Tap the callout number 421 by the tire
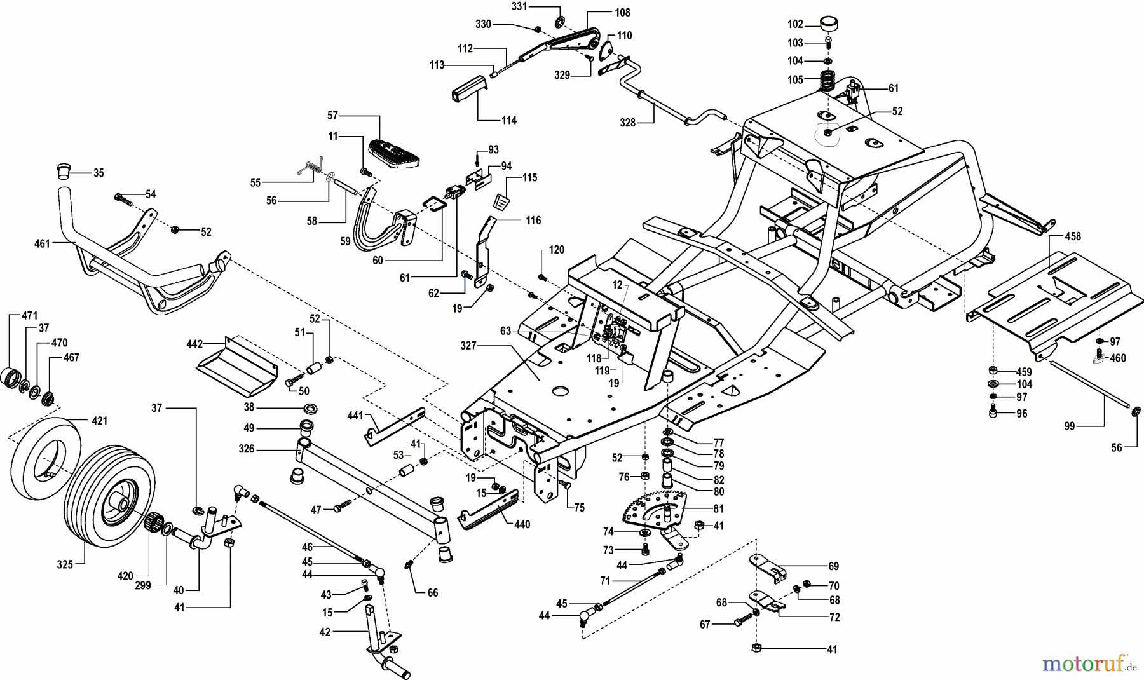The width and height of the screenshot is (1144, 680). (x=99, y=421)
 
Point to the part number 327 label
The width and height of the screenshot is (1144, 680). (x=469, y=345)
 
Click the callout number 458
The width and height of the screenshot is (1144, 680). (x=1073, y=237)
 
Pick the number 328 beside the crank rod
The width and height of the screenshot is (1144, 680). (x=628, y=123)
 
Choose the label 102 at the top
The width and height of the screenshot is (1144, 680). (x=795, y=25)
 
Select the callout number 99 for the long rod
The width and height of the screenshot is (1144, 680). (x=1070, y=426)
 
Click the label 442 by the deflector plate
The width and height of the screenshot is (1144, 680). (x=194, y=344)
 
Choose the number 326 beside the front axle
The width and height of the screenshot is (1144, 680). (x=246, y=449)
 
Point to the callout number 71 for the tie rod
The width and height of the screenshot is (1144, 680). (x=605, y=581)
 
